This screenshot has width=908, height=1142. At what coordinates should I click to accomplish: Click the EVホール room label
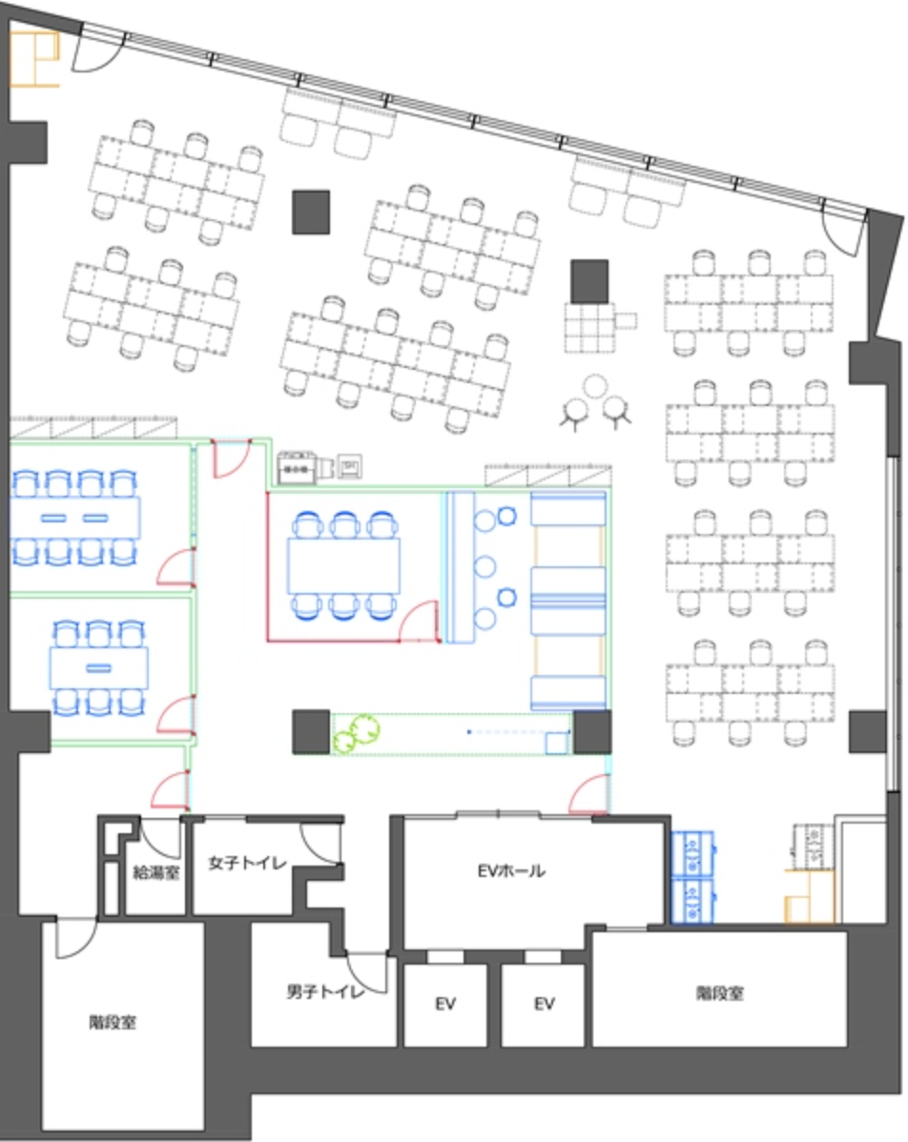point(511,870)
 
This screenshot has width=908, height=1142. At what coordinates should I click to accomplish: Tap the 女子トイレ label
point(247,863)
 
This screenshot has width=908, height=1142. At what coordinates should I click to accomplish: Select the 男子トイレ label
point(325,991)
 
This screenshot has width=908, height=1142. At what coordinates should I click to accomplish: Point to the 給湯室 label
point(156,872)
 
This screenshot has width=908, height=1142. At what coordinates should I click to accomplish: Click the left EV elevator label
point(445,1004)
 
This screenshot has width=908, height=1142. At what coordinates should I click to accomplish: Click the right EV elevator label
point(545,1004)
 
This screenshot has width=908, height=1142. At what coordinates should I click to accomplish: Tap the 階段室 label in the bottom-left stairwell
point(113,1023)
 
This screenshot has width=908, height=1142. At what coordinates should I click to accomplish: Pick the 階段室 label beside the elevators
point(720,992)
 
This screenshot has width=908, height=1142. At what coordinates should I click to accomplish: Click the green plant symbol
point(357,733)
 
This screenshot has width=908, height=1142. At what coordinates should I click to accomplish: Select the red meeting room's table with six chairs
point(344,566)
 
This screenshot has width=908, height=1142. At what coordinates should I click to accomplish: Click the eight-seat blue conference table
point(75,518)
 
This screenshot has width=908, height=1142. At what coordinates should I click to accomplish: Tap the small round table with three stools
point(596,384)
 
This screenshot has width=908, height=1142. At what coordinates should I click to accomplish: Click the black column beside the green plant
point(311,732)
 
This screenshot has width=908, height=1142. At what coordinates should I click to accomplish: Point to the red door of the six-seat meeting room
point(419,622)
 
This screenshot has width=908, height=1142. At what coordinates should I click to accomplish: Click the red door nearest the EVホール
point(588,794)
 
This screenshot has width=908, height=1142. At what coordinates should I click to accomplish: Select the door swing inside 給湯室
point(160,838)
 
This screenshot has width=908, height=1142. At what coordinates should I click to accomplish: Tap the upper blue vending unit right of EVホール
point(692,853)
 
